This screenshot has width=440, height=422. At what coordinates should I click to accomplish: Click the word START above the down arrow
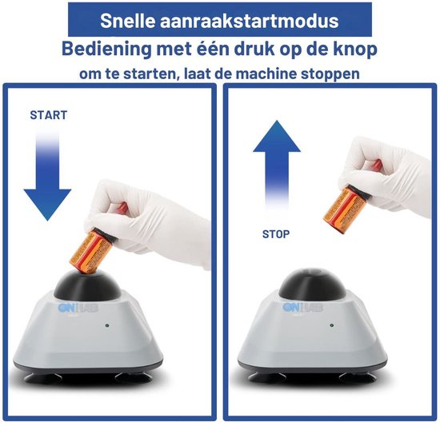click(x=48, y=115)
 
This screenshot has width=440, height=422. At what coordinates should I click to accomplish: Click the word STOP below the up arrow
click(x=276, y=234)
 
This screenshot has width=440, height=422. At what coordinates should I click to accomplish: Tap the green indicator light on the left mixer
click(x=107, y=326)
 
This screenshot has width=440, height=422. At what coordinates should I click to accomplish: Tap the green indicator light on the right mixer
click(x=330, y=326)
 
